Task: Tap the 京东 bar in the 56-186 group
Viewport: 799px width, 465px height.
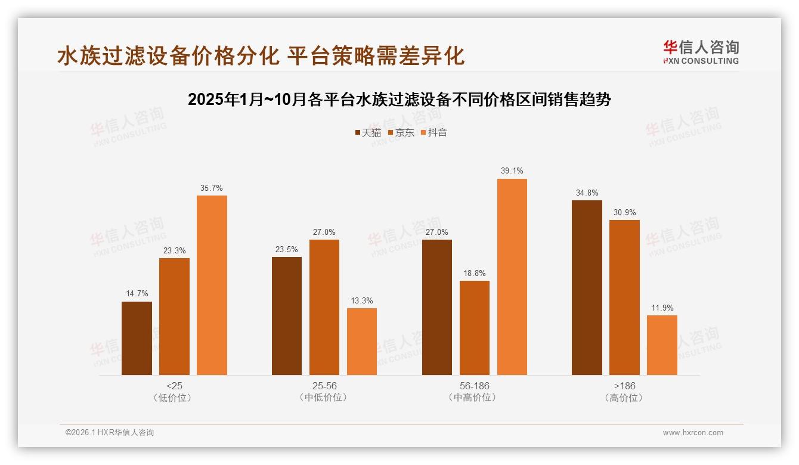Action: (475, 328)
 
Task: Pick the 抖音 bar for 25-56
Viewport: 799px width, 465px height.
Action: (362, 342)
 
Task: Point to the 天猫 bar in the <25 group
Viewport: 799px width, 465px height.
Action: (137, 338)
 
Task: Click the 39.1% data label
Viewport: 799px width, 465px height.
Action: (512, 171)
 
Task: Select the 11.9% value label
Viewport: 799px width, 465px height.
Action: (662, 308)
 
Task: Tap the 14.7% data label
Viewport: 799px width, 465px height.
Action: (137, 294)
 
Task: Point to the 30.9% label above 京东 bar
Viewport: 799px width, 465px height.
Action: (624, 213)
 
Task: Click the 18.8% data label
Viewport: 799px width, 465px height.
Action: (475, 274)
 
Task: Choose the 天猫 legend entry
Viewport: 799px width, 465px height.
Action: (368, 133)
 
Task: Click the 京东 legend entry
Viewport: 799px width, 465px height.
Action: (401, 133)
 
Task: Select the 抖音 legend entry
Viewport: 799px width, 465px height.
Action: (434, 133)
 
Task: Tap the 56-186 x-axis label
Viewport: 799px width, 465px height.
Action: (475, 386)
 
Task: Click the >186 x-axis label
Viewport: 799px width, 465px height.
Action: (624, 386)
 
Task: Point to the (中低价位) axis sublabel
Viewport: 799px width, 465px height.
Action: (324, 398)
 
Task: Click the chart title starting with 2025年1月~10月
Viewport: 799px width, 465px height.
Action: (399, 100)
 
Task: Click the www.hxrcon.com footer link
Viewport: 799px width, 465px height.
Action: (693, 433)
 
